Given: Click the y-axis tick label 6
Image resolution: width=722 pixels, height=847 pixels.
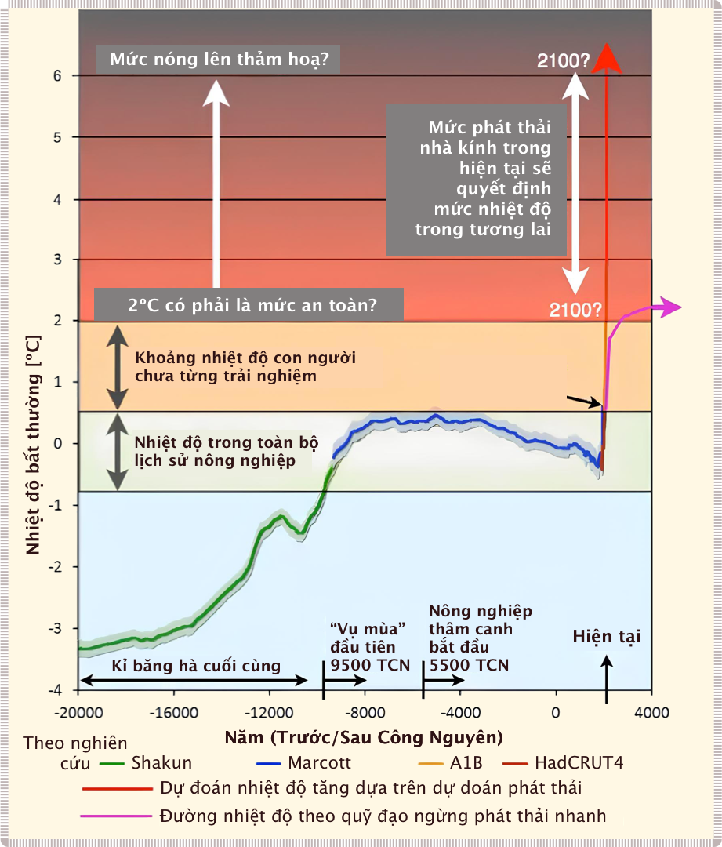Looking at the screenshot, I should coord(56,75).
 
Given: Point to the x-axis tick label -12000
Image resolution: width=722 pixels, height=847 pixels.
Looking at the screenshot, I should coord(269,714).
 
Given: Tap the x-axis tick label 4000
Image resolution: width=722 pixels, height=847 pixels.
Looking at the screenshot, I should coord(651,714).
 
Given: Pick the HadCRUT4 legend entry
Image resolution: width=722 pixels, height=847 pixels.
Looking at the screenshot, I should coord(579,762).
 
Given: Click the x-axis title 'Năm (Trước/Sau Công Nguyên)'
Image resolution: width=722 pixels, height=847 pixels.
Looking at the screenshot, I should coord(364,737).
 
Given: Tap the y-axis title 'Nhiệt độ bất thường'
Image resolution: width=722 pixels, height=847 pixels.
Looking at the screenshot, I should coord(33,443).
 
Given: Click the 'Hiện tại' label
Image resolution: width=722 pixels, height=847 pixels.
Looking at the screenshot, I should coord(606,636).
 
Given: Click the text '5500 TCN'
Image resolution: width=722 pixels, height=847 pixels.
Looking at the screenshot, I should coord(469,666).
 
